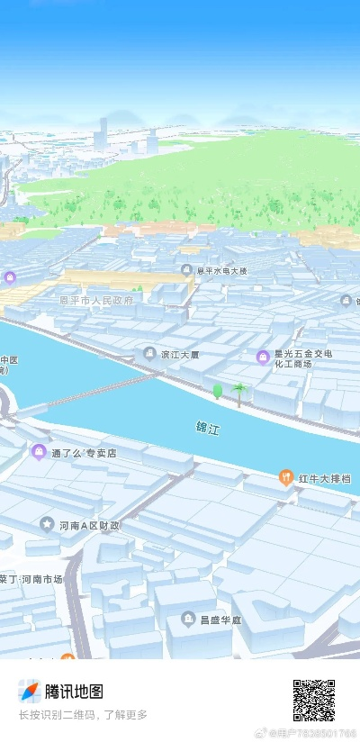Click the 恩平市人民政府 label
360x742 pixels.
[96, 300]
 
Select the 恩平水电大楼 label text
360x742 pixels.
[221, 270]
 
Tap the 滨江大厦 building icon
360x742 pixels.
[149, 353]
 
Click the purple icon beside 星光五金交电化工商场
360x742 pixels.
[263, 357]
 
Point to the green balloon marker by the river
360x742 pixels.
[217, 391]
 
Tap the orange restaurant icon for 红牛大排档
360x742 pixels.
[286, 476]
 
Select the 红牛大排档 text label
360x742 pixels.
[325, 477]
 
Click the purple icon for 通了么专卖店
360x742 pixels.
[38, 451]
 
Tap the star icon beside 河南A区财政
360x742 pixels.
[47, 523]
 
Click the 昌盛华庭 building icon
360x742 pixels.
[187, 619]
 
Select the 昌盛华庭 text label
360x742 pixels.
[221, 620]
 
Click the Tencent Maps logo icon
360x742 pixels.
[30, 691]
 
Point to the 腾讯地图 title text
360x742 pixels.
[74, 691]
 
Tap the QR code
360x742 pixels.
[313, 701]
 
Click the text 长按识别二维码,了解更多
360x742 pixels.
[83, 715]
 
